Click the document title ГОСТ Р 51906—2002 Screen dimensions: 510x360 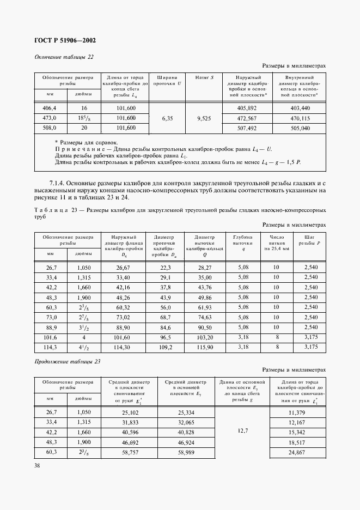point(65,40)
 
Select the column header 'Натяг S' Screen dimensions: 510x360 point(204,77)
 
